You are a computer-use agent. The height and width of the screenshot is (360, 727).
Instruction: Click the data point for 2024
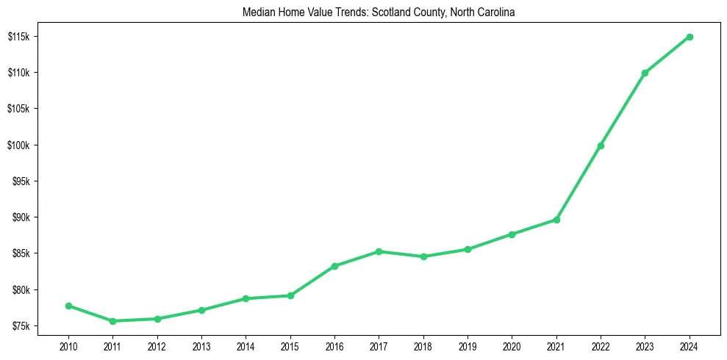pos(690,37)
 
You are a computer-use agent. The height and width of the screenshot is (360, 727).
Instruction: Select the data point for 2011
pos(112,321)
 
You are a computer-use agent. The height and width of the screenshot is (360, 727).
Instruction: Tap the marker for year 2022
pos(601,145)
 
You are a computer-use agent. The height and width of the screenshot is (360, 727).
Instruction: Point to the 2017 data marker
pos(379,251)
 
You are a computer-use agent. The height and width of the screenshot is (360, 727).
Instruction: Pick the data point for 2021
pos(556,220)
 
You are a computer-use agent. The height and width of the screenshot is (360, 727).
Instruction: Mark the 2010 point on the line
pos(68,306)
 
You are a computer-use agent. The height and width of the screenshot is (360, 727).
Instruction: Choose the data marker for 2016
pos(334,266)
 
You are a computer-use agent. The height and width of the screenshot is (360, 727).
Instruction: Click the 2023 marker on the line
pos(645,73)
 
